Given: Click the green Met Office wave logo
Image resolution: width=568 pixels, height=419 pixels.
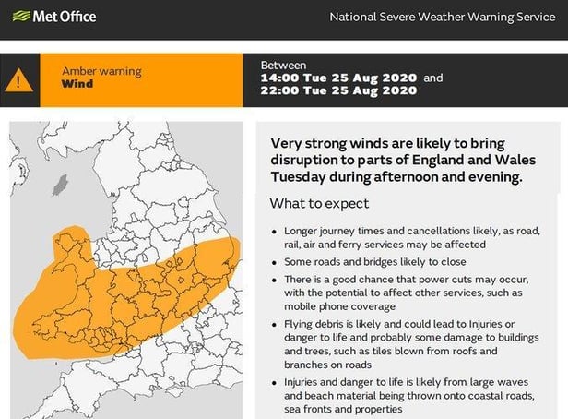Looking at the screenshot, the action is (21, 16).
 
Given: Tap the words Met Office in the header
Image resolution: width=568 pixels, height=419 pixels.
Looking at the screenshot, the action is (65, 17).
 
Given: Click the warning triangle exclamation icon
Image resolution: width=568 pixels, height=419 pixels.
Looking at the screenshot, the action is (18, 80).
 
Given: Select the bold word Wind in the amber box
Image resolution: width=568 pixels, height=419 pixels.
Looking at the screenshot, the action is (77, 84).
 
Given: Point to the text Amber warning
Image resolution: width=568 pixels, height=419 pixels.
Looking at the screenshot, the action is (101, 71).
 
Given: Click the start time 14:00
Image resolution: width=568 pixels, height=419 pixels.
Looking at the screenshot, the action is (279, 78).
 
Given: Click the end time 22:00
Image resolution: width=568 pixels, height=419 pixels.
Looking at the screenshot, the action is (279, 90).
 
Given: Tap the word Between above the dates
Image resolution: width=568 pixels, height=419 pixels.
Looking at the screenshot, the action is (284, 66).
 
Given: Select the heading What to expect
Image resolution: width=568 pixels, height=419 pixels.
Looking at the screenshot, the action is (319, 203).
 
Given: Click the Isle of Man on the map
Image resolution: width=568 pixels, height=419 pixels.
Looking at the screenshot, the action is (61, 185).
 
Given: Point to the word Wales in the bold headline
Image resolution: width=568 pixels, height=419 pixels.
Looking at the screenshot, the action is (515, 160).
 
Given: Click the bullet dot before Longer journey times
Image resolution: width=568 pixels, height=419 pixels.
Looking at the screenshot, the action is (274, 232).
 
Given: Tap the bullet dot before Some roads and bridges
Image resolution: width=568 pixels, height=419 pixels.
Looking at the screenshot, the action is (274, 262).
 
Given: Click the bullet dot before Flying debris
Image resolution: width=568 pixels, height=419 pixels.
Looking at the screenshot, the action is (274, 325).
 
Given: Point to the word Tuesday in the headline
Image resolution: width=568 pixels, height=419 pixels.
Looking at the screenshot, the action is (298, 177).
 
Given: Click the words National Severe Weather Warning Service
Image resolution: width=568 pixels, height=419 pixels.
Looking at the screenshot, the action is (443, 17).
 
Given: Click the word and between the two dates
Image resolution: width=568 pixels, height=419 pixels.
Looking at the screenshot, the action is (433, 78).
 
